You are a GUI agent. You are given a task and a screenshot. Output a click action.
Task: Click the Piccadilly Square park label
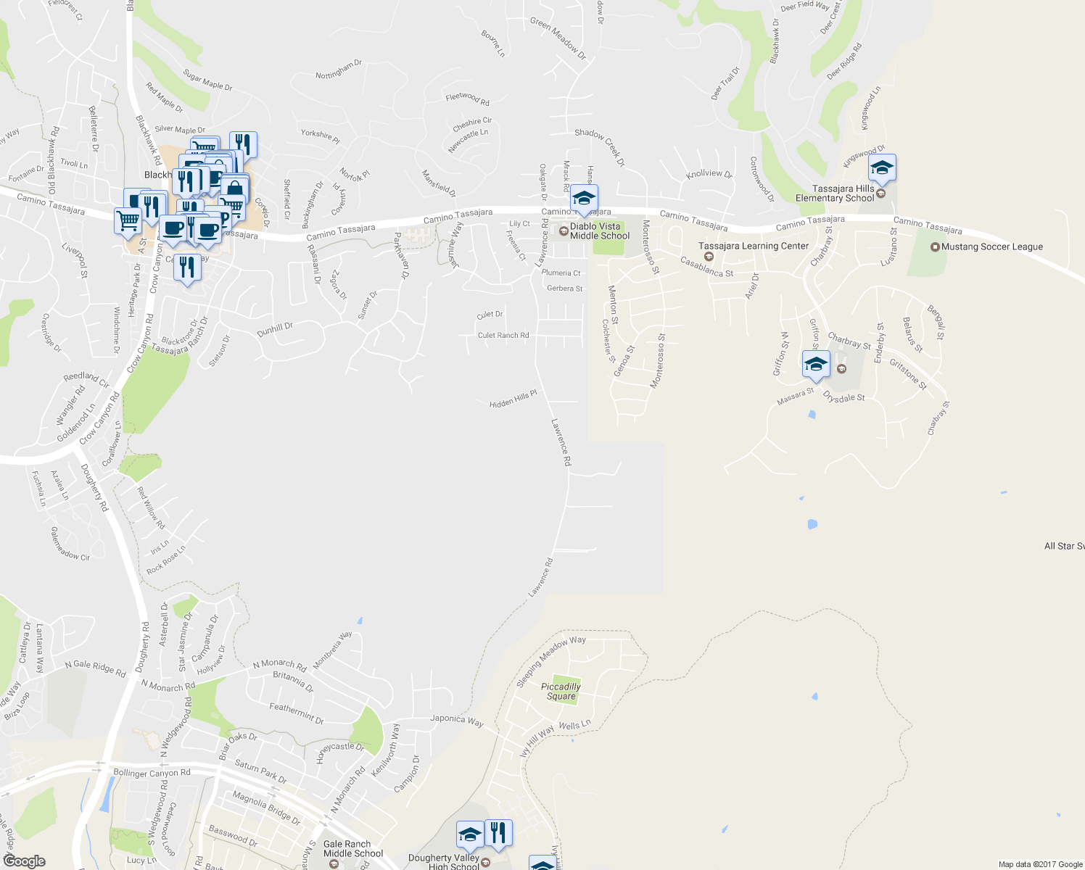(x=561, y=692)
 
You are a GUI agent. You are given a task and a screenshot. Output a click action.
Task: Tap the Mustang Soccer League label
(x=991, y=246)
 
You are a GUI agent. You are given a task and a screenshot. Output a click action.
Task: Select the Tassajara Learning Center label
(x=753, y=246)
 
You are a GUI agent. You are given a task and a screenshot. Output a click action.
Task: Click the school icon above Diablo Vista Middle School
(x=583, y=198)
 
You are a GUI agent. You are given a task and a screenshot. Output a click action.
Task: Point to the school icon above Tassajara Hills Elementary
(x=881, y=168)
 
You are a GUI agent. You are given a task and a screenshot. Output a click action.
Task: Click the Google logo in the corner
(x=24, y=861)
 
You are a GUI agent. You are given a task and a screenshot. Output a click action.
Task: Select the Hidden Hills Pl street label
(x=513, y=399)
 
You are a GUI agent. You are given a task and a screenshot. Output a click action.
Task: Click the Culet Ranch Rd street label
(x=503, y=335)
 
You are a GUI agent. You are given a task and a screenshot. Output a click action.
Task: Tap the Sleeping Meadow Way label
(x=550, y=661)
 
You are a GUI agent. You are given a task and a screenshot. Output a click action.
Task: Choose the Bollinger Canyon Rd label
(x=152, y=773)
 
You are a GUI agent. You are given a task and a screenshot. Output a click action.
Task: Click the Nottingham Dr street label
(x=338, y=70)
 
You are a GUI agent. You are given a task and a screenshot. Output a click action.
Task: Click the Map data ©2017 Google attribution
(x=1040, y=864)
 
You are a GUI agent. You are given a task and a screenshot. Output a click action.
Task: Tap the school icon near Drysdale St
(x=815, y=365)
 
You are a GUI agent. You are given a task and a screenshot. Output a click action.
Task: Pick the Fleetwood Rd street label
(x=467, y=98)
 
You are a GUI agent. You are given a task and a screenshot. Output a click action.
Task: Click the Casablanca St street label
(x=707, y=267)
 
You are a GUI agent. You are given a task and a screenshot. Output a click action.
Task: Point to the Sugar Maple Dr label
(x=207, y=80)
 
